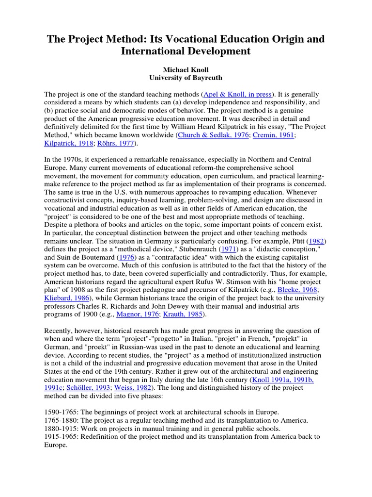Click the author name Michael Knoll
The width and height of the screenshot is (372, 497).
tap(186, 69)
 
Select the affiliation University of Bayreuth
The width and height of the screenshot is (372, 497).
tap(186, 78)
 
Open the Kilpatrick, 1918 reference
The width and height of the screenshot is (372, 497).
tap(69, 143)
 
